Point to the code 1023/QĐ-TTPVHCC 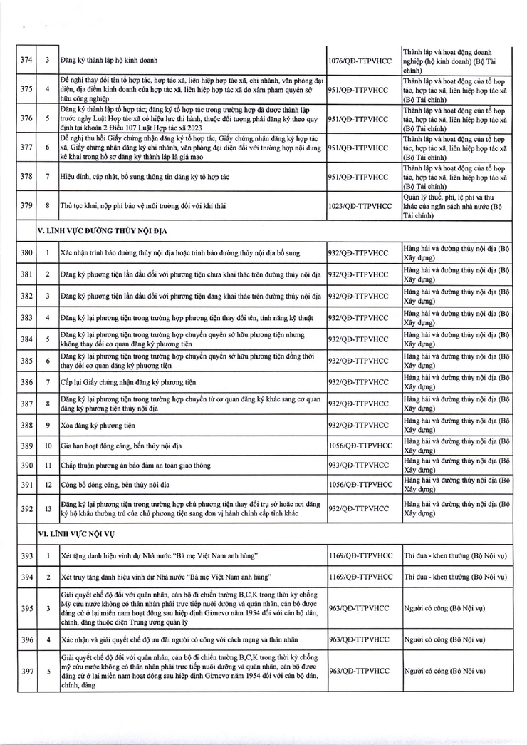[x=360, y=205]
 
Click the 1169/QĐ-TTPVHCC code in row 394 [x=359, y=576]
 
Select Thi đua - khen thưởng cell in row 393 [x=455, y=555]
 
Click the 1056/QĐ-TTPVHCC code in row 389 [x=359, y=446]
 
